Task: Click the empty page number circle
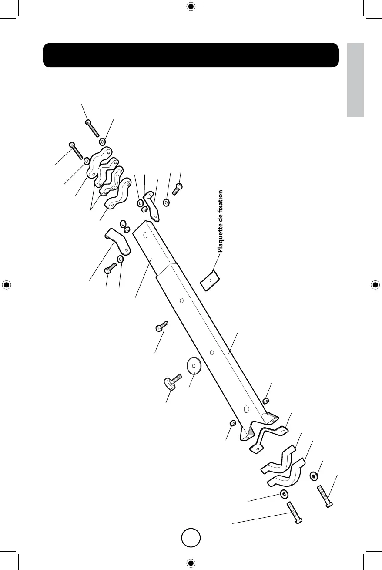191,538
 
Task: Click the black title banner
191,55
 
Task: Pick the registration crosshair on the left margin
6,285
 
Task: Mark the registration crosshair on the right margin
375,285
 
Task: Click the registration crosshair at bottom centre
190,562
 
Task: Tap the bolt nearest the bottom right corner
325,496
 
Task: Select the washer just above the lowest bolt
284,493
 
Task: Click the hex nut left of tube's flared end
233,423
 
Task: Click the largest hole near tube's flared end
246,409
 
